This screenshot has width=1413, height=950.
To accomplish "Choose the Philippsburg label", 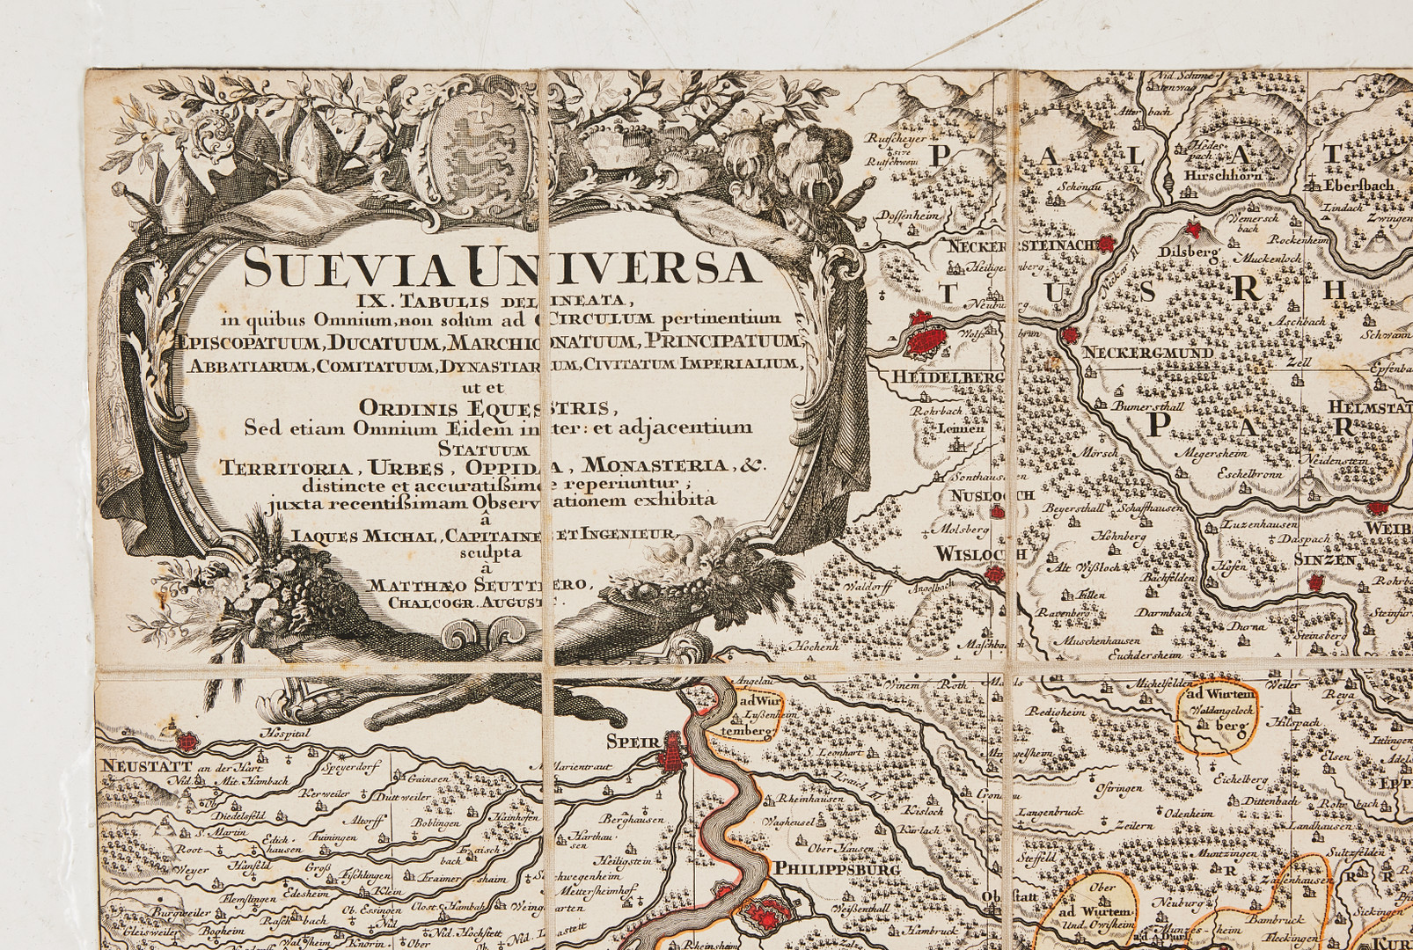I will [836, 869].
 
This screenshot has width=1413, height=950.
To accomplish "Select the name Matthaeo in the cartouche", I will [416, 584].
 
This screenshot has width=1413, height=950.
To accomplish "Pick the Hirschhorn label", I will [1225, 175].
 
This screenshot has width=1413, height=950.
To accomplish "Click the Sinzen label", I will [1323, 559].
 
